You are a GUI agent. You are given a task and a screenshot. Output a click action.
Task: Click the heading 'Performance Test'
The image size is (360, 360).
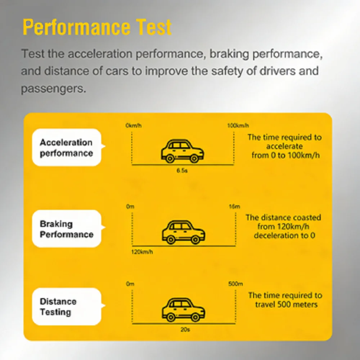97,27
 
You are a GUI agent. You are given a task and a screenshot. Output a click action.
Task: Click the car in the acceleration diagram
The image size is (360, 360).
182,151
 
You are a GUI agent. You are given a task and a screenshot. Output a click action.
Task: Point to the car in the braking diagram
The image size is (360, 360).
184,232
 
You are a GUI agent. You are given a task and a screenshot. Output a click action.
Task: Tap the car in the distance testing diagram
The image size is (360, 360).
184,310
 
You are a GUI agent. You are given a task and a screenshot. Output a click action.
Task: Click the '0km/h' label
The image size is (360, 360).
134,125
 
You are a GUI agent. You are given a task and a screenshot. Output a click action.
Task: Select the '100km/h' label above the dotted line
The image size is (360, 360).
238,125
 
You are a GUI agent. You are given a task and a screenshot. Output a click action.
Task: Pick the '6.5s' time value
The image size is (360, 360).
182,170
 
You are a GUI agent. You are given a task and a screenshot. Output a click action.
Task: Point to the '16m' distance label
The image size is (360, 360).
234,207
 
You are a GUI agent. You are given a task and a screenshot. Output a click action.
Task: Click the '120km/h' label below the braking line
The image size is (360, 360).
142,252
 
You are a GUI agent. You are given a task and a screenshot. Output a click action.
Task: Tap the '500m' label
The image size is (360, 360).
235,284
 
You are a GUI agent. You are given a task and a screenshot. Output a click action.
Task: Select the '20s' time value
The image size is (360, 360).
185,330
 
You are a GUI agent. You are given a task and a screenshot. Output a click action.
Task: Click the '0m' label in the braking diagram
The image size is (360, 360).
130,207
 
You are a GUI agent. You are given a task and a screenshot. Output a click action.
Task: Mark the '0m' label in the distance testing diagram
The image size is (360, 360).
130,284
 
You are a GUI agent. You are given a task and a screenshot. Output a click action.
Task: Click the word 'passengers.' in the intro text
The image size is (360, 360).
54,89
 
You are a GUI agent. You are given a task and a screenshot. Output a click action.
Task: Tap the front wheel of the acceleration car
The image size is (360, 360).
194,158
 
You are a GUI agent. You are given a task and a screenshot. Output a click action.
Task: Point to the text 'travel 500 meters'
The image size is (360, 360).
286,305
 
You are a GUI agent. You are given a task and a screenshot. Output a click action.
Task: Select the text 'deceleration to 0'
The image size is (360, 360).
284,235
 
